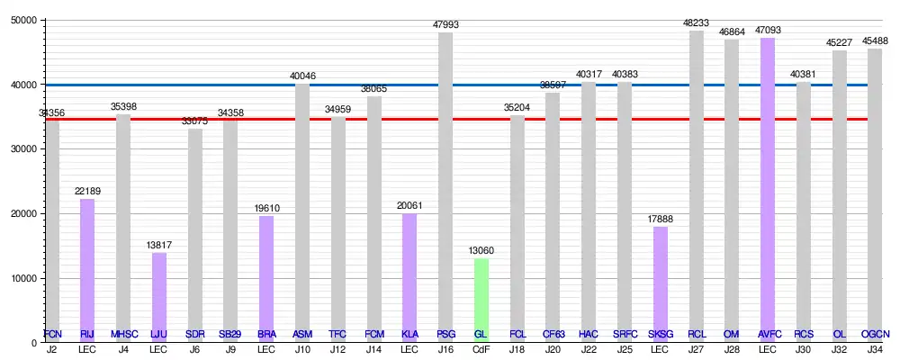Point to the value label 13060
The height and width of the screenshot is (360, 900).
tap(481, 251)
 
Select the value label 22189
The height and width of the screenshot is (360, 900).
tap(87, 192)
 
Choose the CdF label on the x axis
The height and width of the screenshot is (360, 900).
tap(481, 349)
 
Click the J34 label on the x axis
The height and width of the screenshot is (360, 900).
tap(874, 349)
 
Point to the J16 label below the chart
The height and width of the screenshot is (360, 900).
tap(445, 349)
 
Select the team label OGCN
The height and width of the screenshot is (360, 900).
tap(874, 335)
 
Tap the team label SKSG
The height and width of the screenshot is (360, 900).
tap(660, 335)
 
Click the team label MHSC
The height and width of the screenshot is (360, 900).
tap(123, 335)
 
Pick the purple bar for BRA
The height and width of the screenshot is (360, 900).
tap(266, 279)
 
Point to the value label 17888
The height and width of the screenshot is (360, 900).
tap(660, 220)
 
